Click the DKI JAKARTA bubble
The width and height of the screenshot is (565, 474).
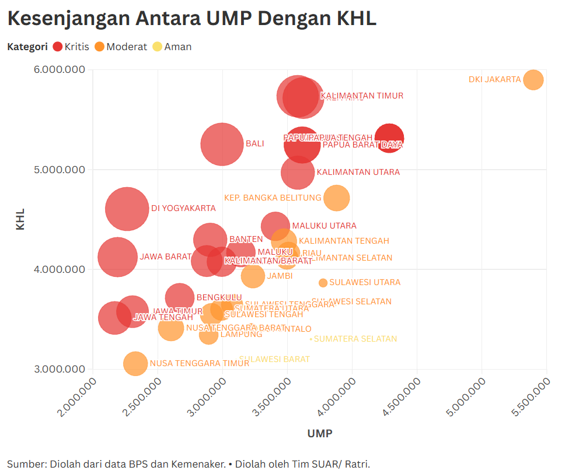coord(533,80)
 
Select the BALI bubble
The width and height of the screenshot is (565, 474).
coord(222,144)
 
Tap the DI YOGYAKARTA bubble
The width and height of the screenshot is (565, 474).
coord(127,209)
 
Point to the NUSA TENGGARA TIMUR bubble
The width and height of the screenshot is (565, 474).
coord(135,364)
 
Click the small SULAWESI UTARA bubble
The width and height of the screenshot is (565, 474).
coord(323,283)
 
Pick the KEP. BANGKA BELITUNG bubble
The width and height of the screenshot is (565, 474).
coord(336,198)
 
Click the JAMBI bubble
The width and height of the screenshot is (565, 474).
coord(253,276)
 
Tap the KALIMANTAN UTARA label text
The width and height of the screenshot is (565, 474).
coord(358,173)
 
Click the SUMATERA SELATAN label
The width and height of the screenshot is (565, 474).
coord(355,339)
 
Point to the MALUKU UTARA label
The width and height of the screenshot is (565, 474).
coord(324,226)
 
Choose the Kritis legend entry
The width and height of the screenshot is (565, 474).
coord(71,47)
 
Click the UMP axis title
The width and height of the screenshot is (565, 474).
coord(319,433)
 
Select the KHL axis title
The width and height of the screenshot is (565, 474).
coord(20,219)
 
